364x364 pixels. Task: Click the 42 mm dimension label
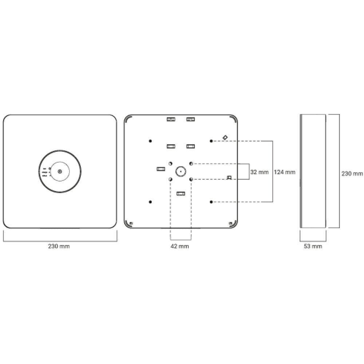pyautogui.click(x=180, y=246)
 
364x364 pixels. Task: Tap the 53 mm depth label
pyautogui.click(x=313, y=246)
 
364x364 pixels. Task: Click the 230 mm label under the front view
pyautogui.click(x=59, y=246)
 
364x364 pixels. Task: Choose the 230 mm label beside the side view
pyautogui.click(x=352, y=174)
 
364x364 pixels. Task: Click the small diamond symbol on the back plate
pyautogui.click(x=225, y=137)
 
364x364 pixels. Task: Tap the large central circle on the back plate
pyautogui.click(x=181, y=171)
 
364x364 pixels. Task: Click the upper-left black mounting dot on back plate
pyautogui.click(x=150, y=141)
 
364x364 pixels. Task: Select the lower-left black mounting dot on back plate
pyautogui.click(x=150, y=202)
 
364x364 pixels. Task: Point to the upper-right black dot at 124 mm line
pyautogui.click(x=211, y=141)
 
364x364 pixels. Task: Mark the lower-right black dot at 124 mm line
pyautogui.click(x=211, y=202)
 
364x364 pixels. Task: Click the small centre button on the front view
pyautogui.click(x=60, y=171)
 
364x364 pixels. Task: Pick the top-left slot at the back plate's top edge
pyautogui.click(x=171, y=119)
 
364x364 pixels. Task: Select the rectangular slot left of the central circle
pyautogui.click(x=161, y=169)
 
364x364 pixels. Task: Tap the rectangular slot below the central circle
pyautogui.click(x=181, y=193)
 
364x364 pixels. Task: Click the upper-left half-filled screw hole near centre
pyautogui.click(x=170, y=163)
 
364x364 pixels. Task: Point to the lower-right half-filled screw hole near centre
pyautogui.click(x=191, y=179)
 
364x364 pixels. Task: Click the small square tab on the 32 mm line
pyautogui.click(x=229, y=178)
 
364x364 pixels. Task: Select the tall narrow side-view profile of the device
pyautogui.click(x=313, y=171)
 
